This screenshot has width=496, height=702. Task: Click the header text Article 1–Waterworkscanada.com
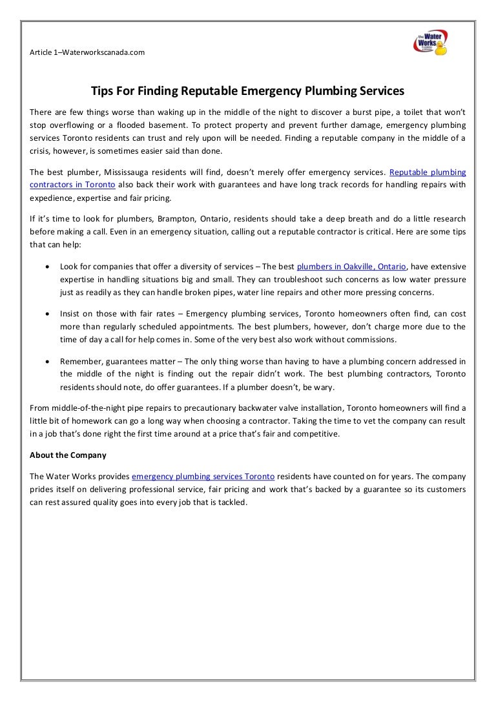coord(87,52)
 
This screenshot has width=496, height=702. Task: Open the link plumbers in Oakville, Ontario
coord(351,266)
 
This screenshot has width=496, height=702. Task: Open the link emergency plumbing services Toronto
coord(203,477)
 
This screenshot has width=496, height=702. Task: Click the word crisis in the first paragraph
coord(41,150)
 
